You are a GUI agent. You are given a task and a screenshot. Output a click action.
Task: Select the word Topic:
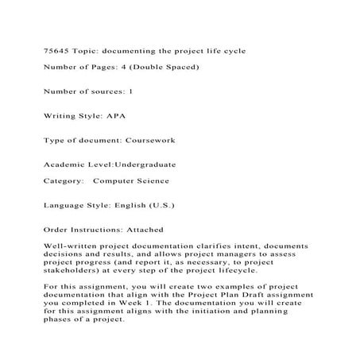click(x=89, y=50)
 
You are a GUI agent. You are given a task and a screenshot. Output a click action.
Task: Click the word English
click(x=128, y=205)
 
